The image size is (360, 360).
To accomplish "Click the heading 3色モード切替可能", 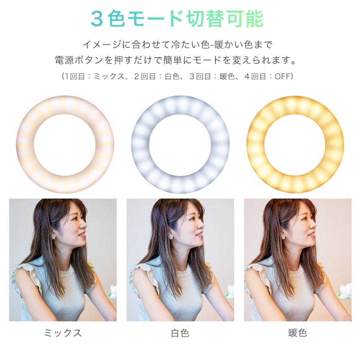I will coord(177,18).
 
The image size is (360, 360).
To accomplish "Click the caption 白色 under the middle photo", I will coord(180,333).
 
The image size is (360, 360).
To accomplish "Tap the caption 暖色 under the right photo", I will coord(297,333).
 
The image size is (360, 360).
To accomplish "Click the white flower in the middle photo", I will coord(230,291).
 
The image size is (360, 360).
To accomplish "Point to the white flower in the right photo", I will coord(346,290).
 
